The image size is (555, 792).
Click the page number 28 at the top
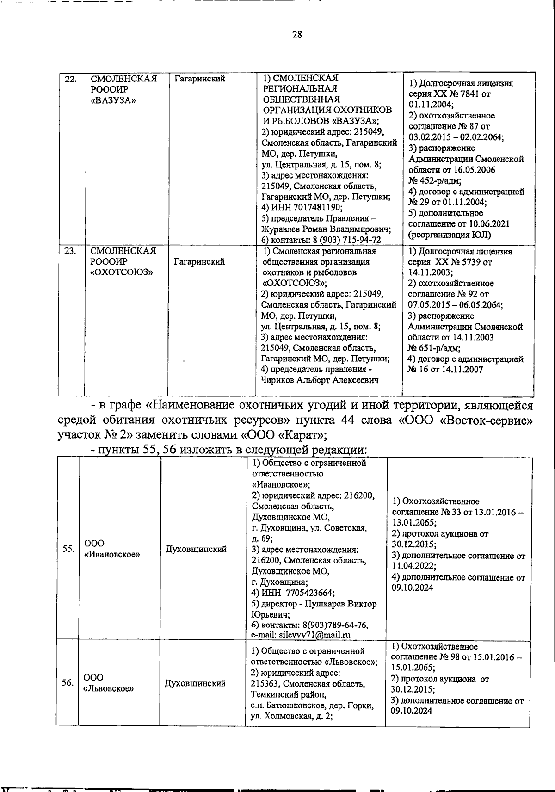[x=297, y=34]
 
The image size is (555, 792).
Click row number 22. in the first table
[x=69, y=79]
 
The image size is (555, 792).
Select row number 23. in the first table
[x=69, y=251]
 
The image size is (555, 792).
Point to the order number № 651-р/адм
[x=434, y=348]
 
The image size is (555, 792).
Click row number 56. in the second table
[x=68, y=683]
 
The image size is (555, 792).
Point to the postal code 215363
[x=265, y=684]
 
